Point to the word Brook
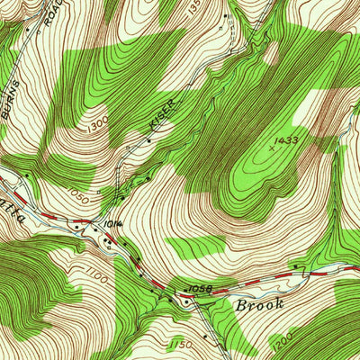(x=261, y=304)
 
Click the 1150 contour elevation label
(x=181, y=346)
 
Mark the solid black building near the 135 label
(x=226, y=16)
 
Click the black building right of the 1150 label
(x=205, y=336)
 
